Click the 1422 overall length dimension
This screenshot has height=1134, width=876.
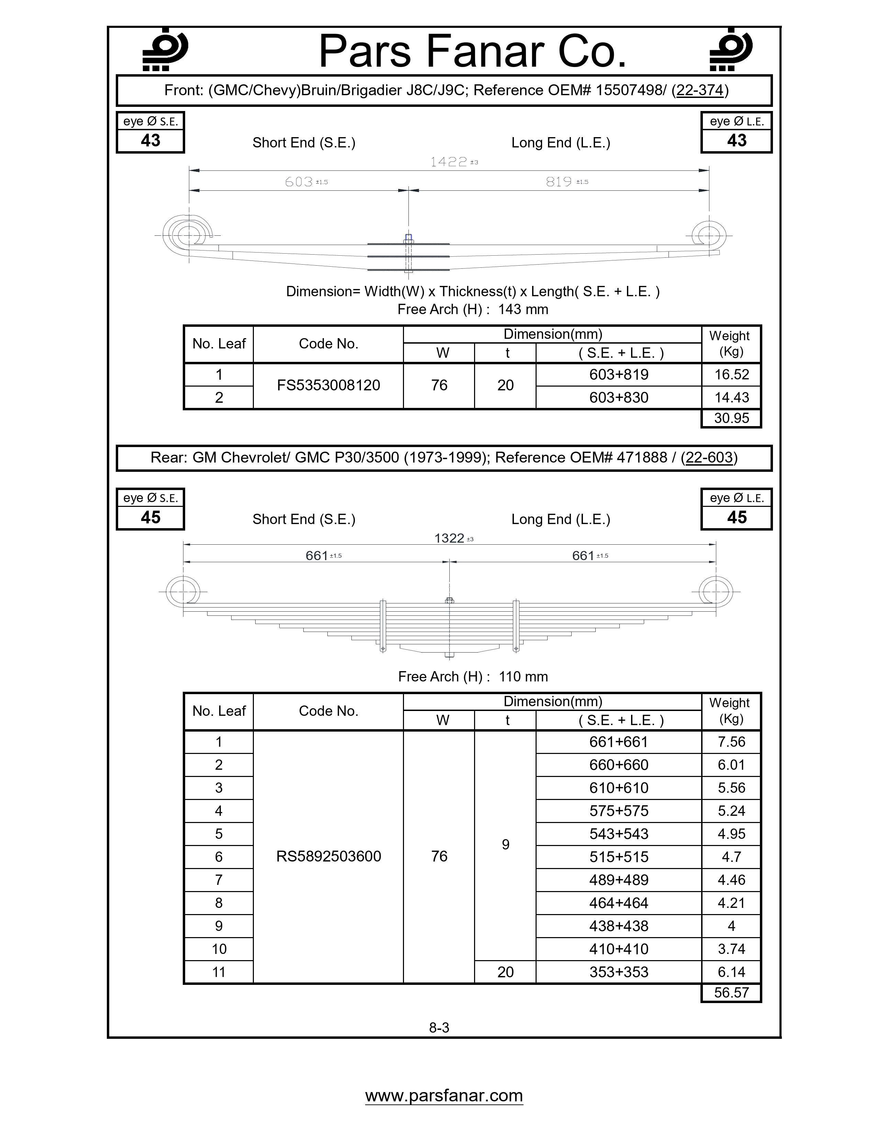click(449, 162)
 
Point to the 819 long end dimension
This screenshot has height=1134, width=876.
click(559, 182)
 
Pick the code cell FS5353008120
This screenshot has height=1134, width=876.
click(328, 385)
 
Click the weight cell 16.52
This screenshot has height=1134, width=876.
click(731, 374)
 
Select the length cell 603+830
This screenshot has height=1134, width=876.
click(619, 397)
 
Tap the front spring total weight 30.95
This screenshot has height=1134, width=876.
click(731, 418)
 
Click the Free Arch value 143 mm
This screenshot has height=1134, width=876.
click(523, 310)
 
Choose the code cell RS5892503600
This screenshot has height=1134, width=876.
click(328, 856)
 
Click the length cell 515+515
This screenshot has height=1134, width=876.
click(619, 856)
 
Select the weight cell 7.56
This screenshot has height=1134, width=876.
click(731, 742)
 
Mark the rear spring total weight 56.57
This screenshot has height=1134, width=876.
click(731, 992)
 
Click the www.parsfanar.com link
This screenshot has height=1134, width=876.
click(444, 1095)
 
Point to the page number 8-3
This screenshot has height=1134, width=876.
click(439, 1027)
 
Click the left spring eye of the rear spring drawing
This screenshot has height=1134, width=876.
click(183, 591)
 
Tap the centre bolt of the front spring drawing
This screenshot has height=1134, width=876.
click(408, 253)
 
